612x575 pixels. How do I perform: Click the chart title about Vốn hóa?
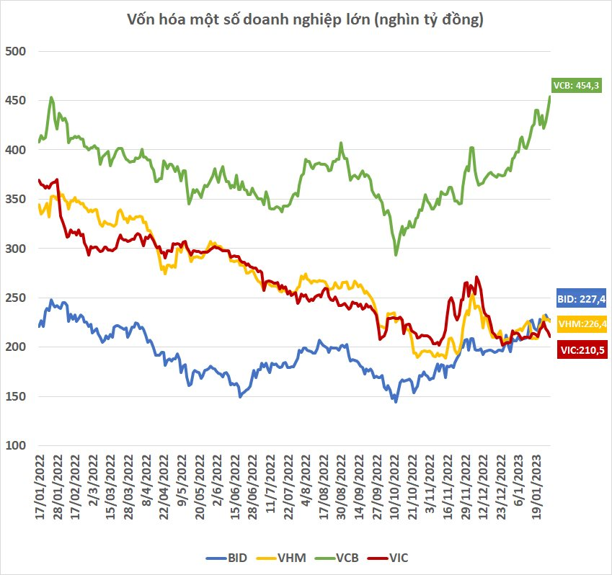[x=306, y=19]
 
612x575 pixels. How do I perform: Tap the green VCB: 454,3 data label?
[x=576, y=85]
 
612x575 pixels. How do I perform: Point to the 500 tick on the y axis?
[x=15, y=51]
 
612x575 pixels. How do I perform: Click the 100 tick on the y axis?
[x=15, y=445]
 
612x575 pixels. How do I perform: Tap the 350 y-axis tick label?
[x=15, y=199]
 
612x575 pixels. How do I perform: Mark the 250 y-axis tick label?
[x=15, y=298]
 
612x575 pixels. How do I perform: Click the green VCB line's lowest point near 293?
[x=396, y=254]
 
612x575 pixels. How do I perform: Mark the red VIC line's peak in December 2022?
[x=476, y=277]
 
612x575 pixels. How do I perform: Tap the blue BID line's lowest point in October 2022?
[x=395, y=401]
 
